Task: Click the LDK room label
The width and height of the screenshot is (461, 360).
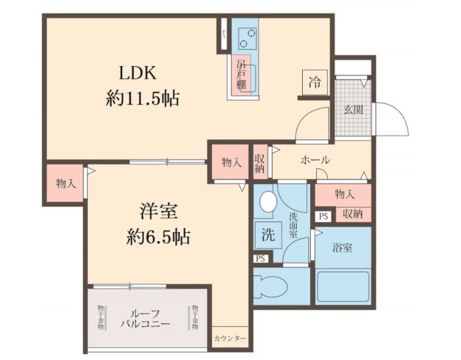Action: point(137,74)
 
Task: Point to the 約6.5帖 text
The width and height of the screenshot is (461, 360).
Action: point(158,236)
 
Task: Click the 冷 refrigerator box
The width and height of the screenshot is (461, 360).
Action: point(315,82)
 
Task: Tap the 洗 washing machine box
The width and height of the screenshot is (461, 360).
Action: point(268,235)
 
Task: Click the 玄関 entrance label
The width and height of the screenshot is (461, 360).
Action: point(353,109)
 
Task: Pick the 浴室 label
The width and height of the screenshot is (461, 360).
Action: point(342,248)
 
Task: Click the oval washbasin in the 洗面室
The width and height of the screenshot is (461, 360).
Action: point(268,202)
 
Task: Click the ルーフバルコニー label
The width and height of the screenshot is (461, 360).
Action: point(145,318)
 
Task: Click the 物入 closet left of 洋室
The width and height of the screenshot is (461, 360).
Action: point(65,183)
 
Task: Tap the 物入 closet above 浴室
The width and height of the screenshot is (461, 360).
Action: point(344,193)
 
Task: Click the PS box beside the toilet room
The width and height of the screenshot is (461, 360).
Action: point(261,258)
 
